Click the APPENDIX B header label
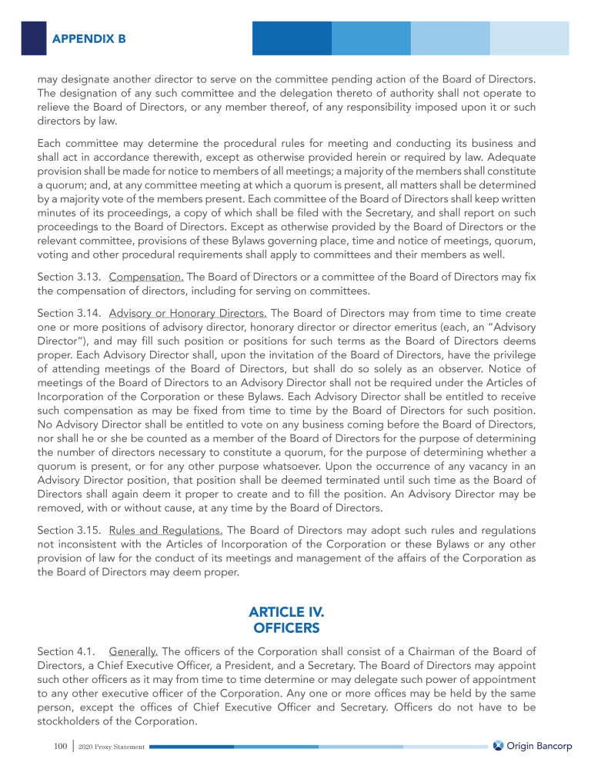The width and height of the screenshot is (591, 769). [88, 38]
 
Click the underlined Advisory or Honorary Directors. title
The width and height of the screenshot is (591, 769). [188, 313]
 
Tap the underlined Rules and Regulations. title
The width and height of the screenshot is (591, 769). [166, 530]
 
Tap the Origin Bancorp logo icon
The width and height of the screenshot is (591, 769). [498, 746]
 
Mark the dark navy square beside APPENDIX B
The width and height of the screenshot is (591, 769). [34, 38]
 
